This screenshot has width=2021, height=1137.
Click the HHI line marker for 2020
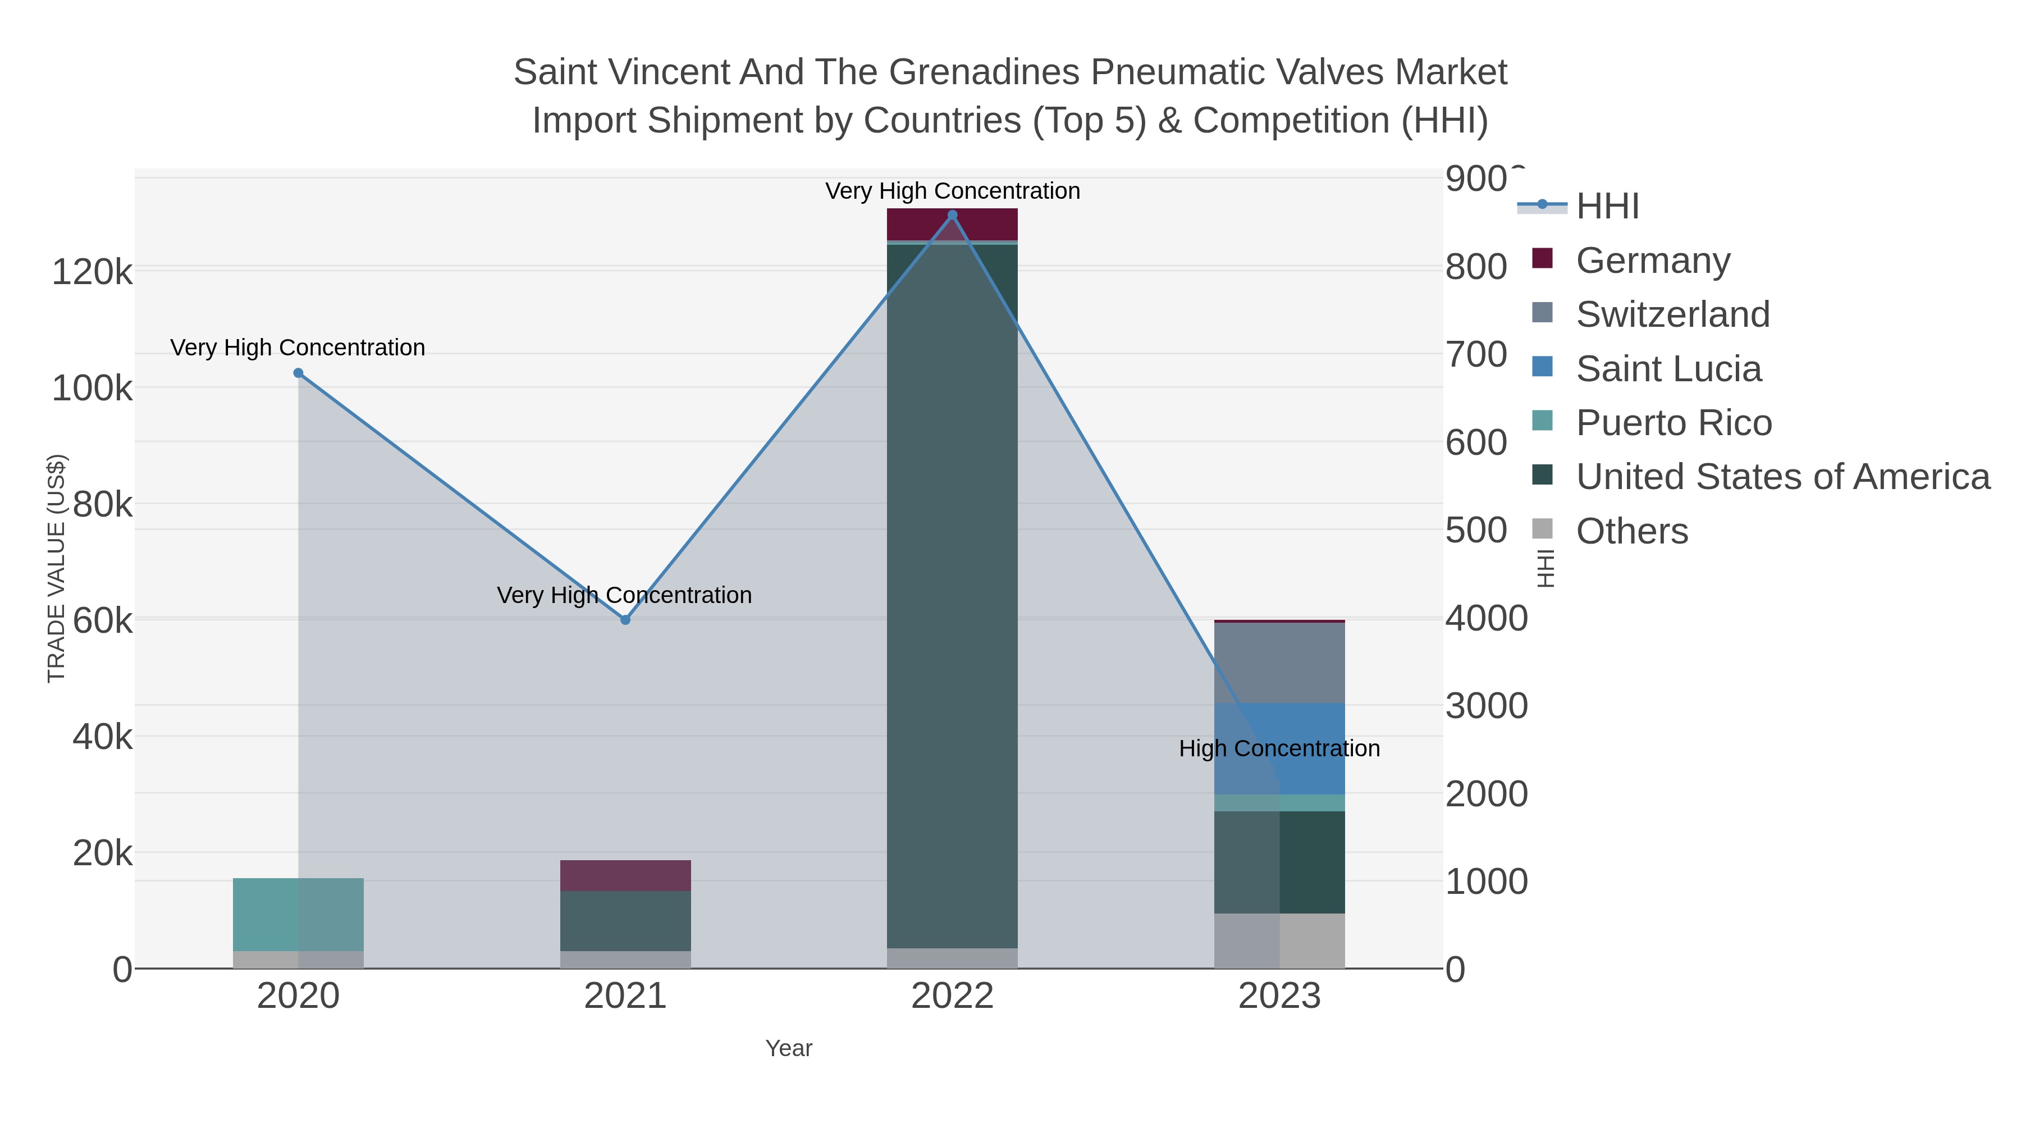pyautogui.click(x=298, y=373)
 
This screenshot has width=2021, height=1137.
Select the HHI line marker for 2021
pyautogui.click(x=625, y=620)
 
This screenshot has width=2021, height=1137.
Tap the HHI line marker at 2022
pyautogui.click(x=953, y=215)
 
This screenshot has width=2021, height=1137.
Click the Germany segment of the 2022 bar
pyautogui.click(x=953, y=226)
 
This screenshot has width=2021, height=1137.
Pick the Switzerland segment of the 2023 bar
pyautogui.click(x=1279, y=663)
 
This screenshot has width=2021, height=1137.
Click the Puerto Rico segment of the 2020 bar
pyautogui.click(x=298, y=914)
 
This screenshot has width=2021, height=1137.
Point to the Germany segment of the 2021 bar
pyautogui.click(x=625, y=876)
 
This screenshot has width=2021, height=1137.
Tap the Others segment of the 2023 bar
pyautogui.click(x=1279, y=941)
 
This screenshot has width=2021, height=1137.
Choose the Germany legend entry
pyautogui.click(x=1653, y=261)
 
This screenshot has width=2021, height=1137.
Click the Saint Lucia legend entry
pyautogui.click(x=1669, y=369)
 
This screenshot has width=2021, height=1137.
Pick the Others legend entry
pyautogui.click(x=1632, y=531)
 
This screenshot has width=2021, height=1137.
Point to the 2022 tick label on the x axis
pyautogui.click(x=953, y=997)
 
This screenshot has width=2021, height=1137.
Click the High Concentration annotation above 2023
pyautogui.click(x=1279, y=748)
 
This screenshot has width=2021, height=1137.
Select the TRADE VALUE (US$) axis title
pyautogui.click(x=57, y=568)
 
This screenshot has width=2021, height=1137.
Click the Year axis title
pyautogui.click(x=789, y=1048)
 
